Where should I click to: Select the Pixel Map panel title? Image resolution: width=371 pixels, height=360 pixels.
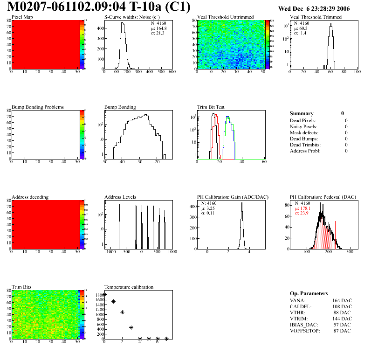click(22, 17)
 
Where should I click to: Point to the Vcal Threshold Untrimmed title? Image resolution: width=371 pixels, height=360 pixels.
click(226, 17)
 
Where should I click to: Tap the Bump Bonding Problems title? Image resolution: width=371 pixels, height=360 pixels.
click(38, 107)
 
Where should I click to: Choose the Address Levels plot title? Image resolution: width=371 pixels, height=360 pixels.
click(121, 197)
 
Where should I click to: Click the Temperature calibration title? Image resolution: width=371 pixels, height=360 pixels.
click(129, 287)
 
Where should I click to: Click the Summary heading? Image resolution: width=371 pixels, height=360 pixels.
click(302, 113)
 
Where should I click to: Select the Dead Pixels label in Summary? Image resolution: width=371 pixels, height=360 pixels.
click(303, 120)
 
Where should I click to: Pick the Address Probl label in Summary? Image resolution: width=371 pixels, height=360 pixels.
click(305, 151)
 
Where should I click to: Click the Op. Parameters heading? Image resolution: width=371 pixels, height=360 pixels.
click(309, 293)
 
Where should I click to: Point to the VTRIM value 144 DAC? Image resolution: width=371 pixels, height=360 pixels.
click(342, 318)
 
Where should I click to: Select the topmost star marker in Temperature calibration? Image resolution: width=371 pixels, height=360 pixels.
click(105, 295)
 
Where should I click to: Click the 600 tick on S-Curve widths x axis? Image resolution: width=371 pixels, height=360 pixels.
click(172, 72)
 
